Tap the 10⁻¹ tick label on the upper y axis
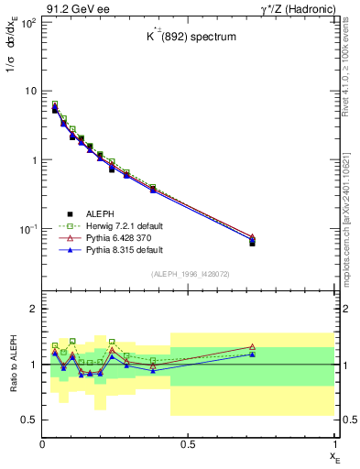tap(27, 228)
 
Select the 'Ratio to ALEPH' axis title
tap(13, 365)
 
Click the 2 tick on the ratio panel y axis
tap(32, 309)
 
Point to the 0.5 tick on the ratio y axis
tap(29, 420)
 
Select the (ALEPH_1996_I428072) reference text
tap(189, 275)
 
